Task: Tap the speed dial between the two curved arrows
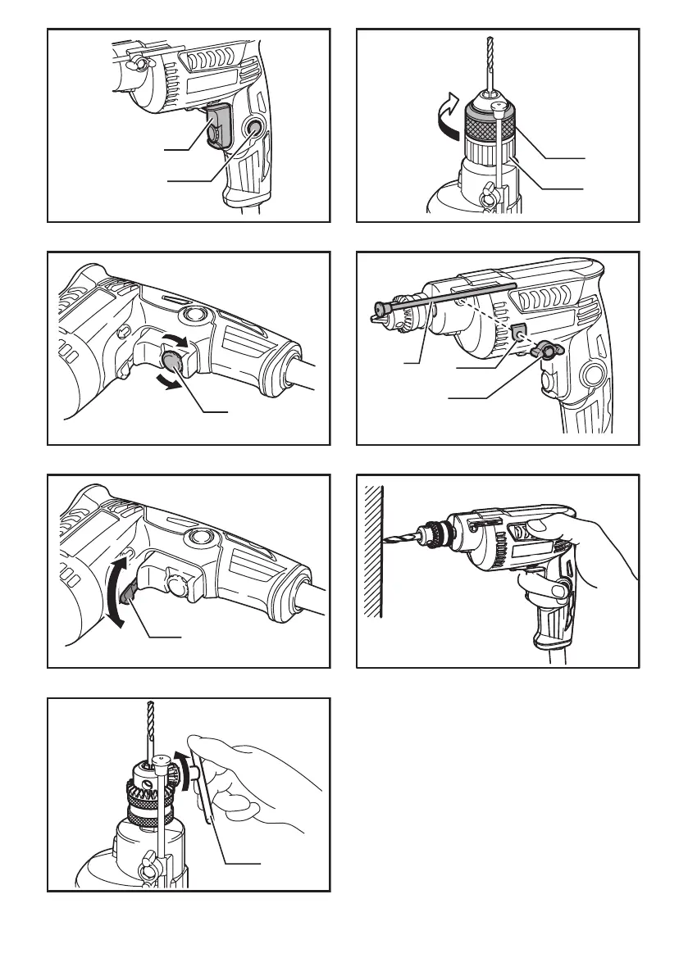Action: pos(174,361)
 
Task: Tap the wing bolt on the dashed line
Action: pos(541,352)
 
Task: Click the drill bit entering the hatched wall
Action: pos(400,539)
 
